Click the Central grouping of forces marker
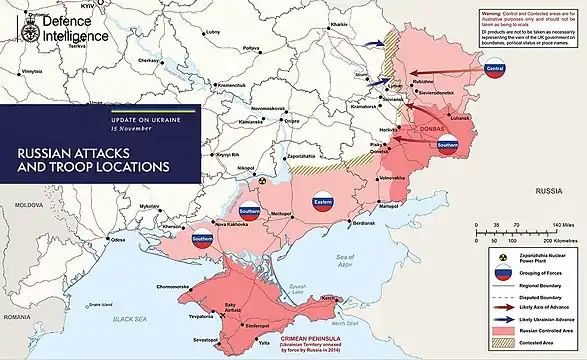pos(493,68)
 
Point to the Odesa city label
pos(119,240)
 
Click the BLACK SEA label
pos(129,318)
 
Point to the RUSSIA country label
pos(548,189)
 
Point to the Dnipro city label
pos(292,121)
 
